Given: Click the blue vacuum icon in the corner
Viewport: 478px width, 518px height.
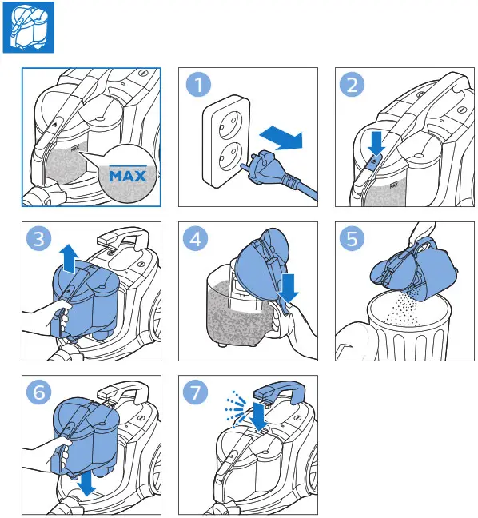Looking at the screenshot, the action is click(29, 27).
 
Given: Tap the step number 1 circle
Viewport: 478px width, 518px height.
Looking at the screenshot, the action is click(198, 85).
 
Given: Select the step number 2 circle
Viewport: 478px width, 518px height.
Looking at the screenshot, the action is click(352, 85).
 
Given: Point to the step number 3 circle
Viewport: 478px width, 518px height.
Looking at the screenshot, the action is click(39, 238).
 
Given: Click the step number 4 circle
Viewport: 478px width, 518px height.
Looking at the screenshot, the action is click(196, 238).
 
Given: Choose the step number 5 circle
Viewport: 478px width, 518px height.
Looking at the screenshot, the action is click(353, 238).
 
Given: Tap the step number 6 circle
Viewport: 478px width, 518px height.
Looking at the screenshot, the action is click(39, 392).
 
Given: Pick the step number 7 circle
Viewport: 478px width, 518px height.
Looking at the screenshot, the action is click(196, 392).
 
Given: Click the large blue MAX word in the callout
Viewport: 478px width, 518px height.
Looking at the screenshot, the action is click(128, 176).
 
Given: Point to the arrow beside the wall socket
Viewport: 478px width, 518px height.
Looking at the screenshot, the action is click(281, 137).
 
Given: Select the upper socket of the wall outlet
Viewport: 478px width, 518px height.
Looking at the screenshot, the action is click(228, 124).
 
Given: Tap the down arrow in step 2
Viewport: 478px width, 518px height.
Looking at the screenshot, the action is click(376, 143).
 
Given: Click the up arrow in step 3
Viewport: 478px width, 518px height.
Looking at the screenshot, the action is click(69, 259).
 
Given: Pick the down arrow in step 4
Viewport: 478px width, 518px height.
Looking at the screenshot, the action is click(288, 288).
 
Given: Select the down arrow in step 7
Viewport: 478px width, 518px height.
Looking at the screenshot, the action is click(258, 416).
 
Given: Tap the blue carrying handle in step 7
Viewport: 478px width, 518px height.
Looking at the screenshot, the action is click(279, 392).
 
